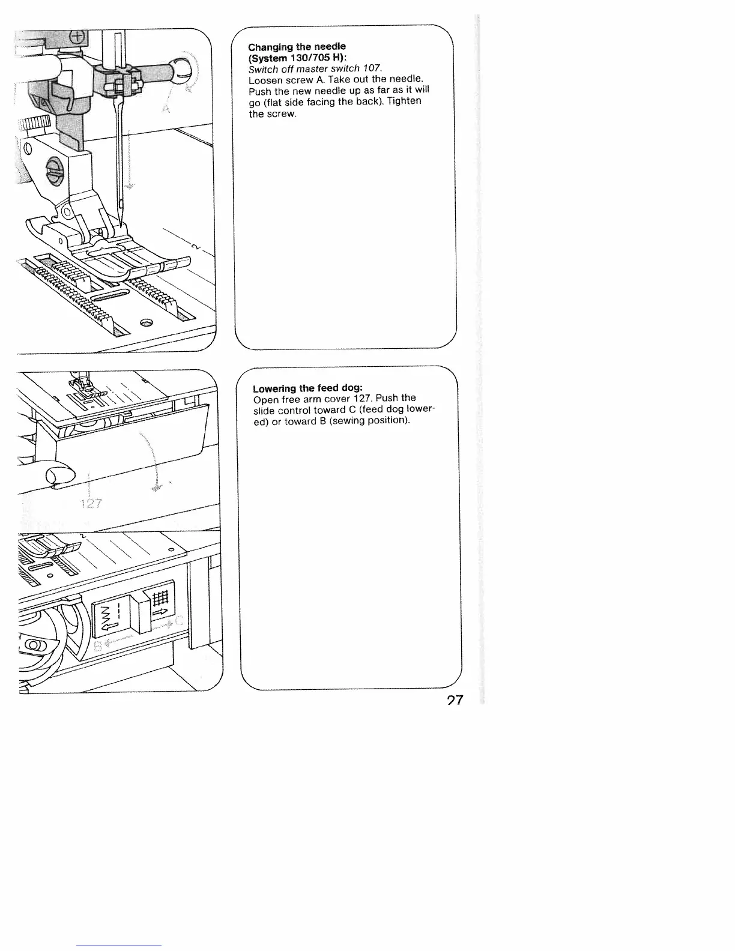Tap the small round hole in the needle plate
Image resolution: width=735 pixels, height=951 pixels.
point(146,324)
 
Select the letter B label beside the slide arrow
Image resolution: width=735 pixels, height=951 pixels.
point(98,647)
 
